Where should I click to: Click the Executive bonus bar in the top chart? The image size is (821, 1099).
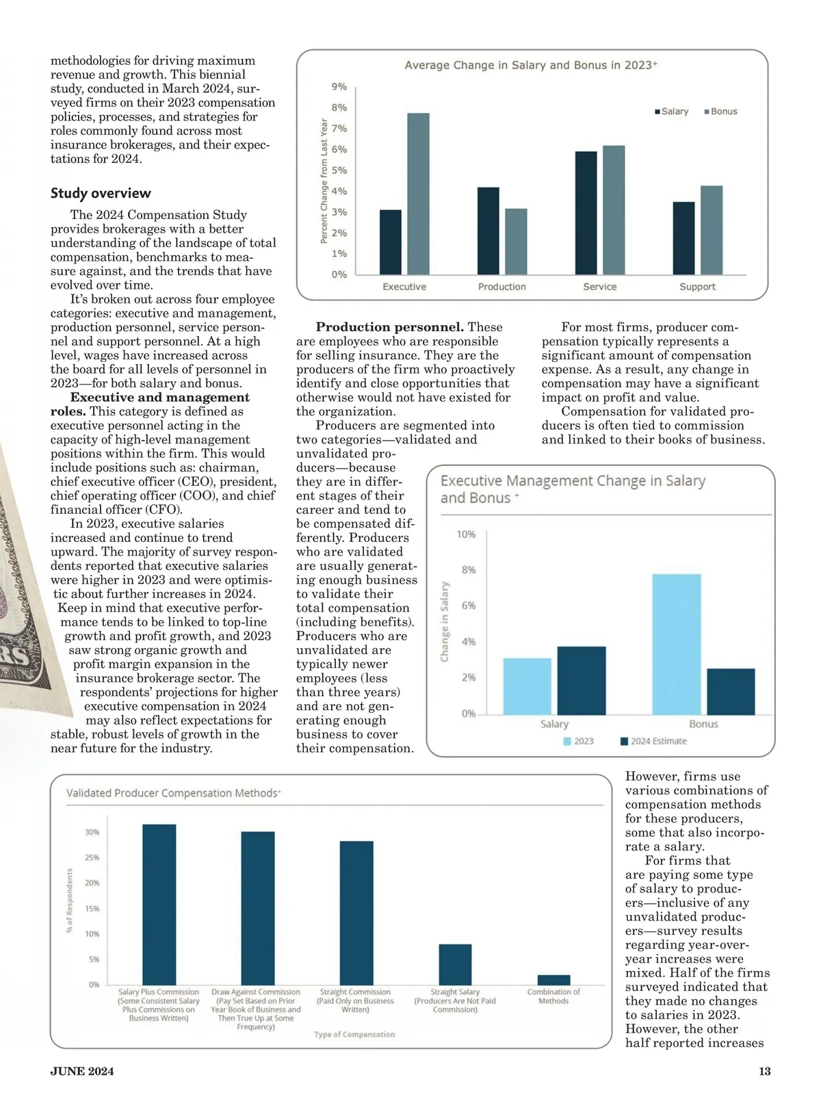click(x=418, y=194)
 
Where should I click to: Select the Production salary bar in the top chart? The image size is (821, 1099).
click(x=488, y=231)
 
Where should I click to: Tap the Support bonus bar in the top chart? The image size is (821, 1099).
click(x=711, y=230)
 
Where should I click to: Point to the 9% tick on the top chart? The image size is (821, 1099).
click(x=339, y=87)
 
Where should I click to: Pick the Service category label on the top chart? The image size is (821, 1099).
click(x=599, y=287)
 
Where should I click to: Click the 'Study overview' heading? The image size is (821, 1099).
click(x=101, y=193)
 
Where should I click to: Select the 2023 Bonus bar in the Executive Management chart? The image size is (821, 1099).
click(x=676, y=644)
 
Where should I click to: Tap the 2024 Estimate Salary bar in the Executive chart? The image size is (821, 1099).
click(x=582, y=680)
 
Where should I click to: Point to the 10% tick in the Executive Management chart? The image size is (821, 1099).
click(x=466, y=534)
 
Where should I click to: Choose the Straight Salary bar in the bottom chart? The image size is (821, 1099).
click(x=455, y=964)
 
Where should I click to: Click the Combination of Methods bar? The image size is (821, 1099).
click(x=553, y=979)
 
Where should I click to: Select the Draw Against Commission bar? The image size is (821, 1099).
click(x=257, y=907)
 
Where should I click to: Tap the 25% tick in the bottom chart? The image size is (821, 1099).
click(x=92, y=857)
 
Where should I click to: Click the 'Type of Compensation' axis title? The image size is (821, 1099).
click(x=354, y=1034)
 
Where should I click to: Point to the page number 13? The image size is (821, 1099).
click(x=764, y=1071)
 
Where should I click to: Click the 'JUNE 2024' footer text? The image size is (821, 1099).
click(x=82, y=1071)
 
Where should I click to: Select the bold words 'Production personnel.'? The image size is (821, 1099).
click(x=389, y=327)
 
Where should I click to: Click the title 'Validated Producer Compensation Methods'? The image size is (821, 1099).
click(x=173, y=793)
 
